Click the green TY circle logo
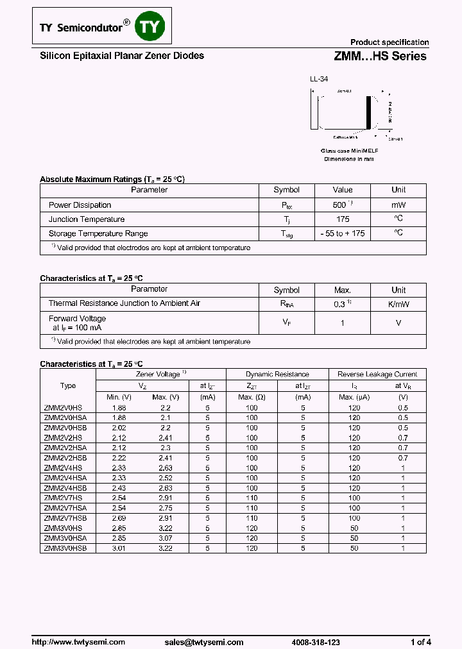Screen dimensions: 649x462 click(153, 26)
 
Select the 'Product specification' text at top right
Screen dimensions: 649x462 click(389, 42)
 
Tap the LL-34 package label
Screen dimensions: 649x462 click(319, 80)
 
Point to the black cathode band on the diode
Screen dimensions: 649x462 click(369, 113)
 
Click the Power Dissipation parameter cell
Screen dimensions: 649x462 click(80, 205)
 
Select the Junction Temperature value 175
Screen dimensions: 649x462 click(342, 219)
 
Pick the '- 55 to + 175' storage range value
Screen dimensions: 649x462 click(342, 233)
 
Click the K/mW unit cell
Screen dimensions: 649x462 click(398, 304)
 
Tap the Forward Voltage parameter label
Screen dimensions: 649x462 click(78, 319)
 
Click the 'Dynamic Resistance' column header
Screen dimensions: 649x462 click(277, 374)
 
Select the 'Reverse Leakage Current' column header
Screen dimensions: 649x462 click(377, 374)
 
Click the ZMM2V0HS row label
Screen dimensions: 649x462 click(63, 408)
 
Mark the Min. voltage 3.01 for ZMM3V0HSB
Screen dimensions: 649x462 click(119, 548)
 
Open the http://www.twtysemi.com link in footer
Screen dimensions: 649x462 click(78, 642)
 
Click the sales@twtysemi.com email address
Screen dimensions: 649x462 click(203, 642)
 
